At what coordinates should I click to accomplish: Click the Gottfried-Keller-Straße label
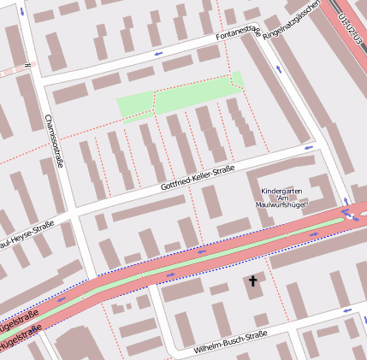coord(197,178)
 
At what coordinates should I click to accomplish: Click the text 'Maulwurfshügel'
coord(281,204)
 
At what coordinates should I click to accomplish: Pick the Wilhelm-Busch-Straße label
coord(231,344)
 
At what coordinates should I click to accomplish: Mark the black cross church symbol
coord(252,280)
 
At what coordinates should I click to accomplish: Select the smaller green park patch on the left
coord(134,108)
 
